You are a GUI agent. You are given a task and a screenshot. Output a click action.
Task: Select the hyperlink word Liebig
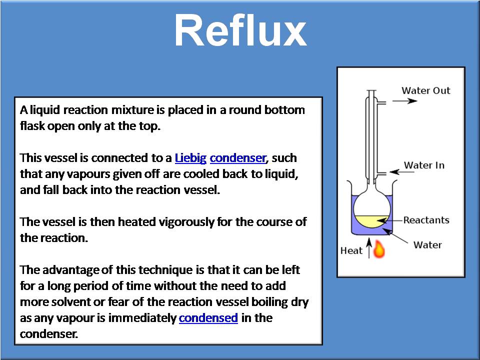coord(190,158)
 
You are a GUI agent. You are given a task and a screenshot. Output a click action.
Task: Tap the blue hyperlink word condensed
coord(208,317)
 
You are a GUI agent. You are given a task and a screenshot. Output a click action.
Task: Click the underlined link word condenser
coord(237,158)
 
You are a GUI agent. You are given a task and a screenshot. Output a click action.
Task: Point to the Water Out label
coord(425,90)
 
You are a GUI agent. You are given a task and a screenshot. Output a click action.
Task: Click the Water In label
coord(424,165)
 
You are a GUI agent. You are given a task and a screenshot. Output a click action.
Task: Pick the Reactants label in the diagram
coord(426,220)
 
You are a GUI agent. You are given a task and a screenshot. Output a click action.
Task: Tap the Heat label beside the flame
coord(351,250)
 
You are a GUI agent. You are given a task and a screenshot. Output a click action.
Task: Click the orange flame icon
coord(379,248)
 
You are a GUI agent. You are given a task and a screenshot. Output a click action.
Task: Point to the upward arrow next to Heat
coord(369,248)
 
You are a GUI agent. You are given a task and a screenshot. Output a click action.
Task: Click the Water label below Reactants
coord(427,245)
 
